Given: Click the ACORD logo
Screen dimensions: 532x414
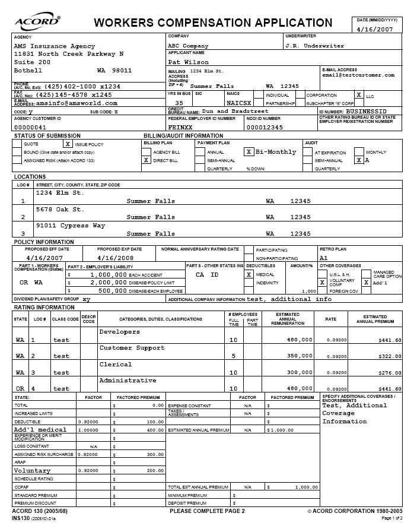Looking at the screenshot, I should pyautogui.click(x=37, y=22).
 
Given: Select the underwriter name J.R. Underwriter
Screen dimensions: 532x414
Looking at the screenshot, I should pyautogui.click(x=314, y=46).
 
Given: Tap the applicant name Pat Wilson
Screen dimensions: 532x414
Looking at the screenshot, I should pyautogui.click(x=189, y=62).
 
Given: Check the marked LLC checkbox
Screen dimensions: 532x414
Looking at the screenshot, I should pyautogui.click(x=358, y=95).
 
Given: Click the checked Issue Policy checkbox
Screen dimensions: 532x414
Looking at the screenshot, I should pyautogui.click(x=68, y=144).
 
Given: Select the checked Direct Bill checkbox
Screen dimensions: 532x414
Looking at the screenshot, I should pyautogui.click(x=146, y=160).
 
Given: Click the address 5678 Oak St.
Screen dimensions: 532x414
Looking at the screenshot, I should pyautogui.click(x=60, y=209).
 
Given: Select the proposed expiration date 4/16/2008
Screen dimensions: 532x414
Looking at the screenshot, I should pyautogui.click(x=116, y=258).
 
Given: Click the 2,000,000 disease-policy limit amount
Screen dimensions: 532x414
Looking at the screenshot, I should pyautogui.click(x=107, y=283).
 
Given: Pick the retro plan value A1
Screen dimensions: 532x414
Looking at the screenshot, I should pyautogui.click(x=324, y=258).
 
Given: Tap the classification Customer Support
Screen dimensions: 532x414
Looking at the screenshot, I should pyautogui.click(x=132, y=348).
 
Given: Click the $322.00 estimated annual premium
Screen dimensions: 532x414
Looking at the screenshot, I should pyautogui.click(x=389, y=356).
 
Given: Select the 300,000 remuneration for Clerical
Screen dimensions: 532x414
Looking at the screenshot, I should pyautogui.click(x=300, y=373).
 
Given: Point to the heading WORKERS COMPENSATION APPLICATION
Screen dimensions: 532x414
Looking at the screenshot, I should pyautogui.click(x=213, y=23).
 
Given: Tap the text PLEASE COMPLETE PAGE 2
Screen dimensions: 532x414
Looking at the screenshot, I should pyautogui.click(x=207, y=511).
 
